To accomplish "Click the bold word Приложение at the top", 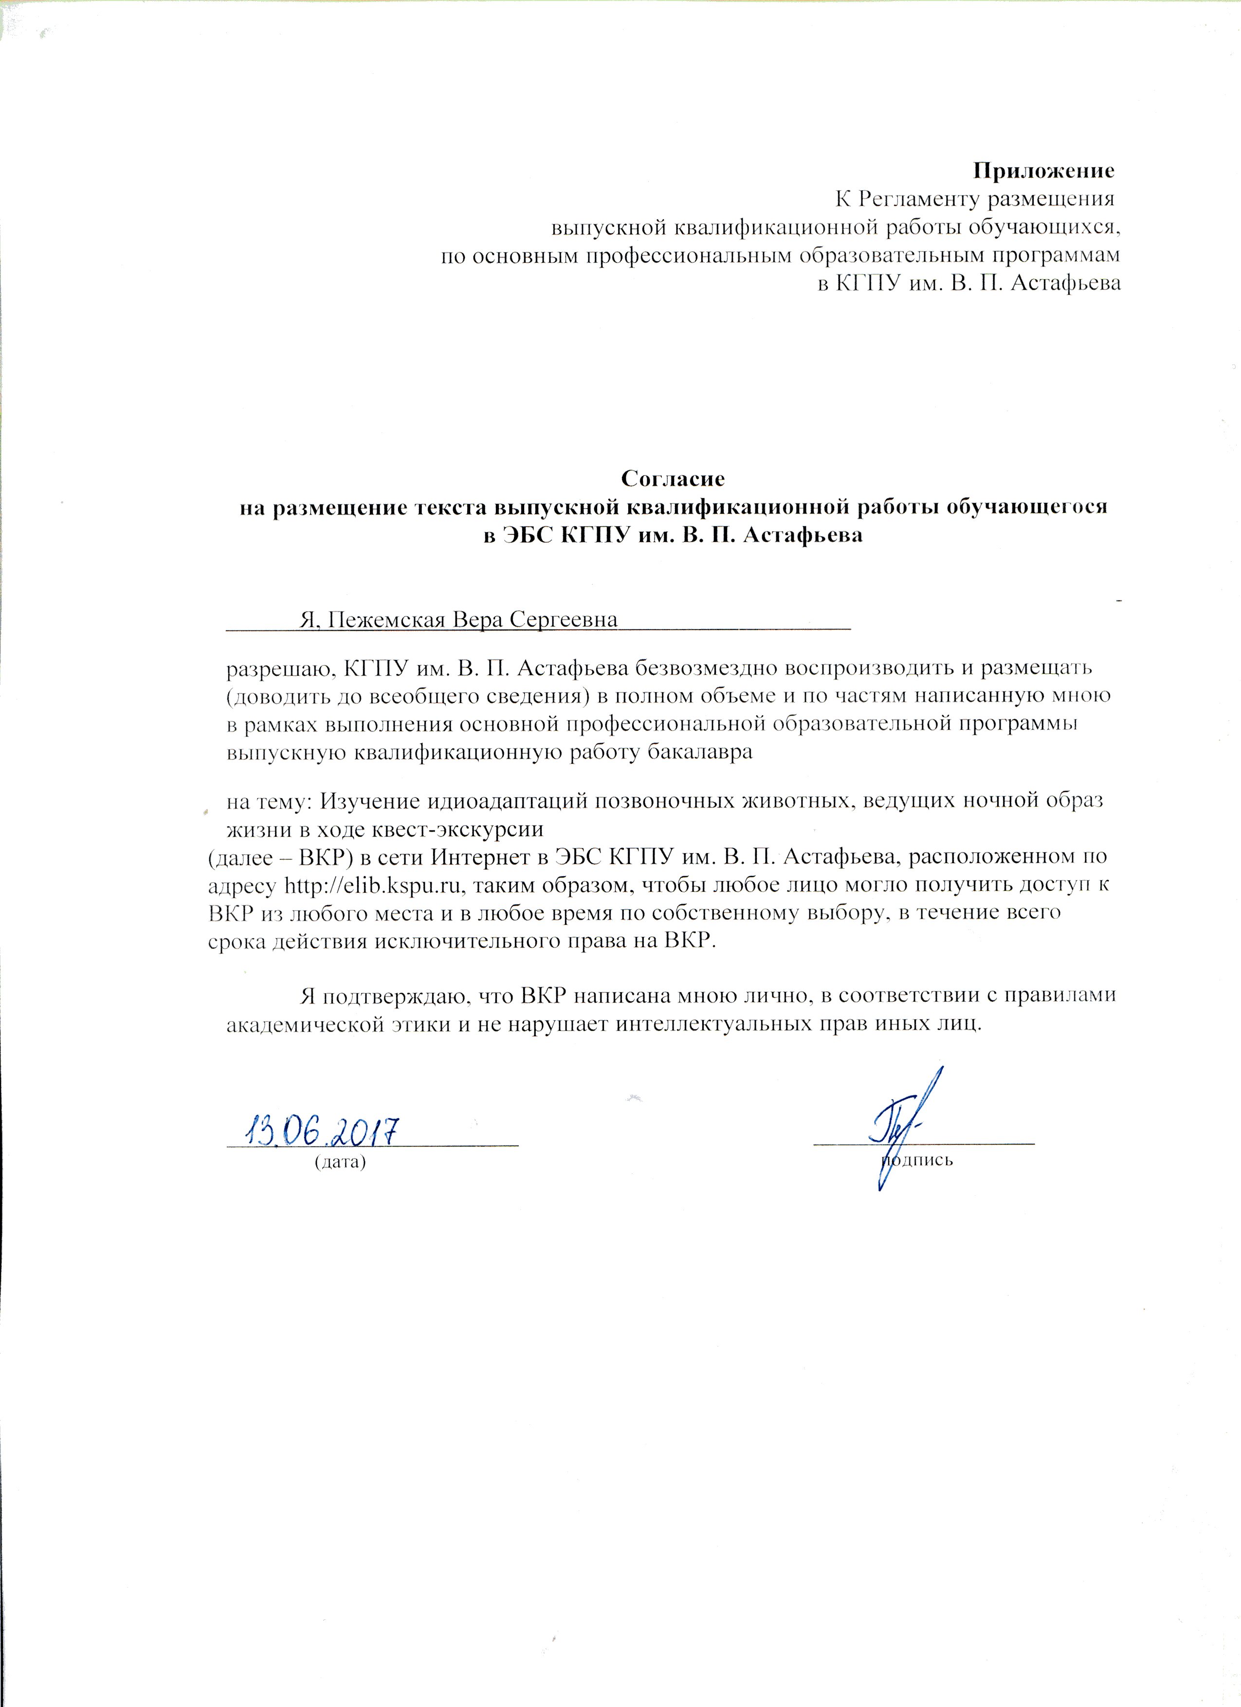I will click(1044, 171).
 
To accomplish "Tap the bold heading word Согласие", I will click(673, 478).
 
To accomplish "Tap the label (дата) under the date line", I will click(340, 1183).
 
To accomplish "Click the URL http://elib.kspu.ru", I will click(368, 884).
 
